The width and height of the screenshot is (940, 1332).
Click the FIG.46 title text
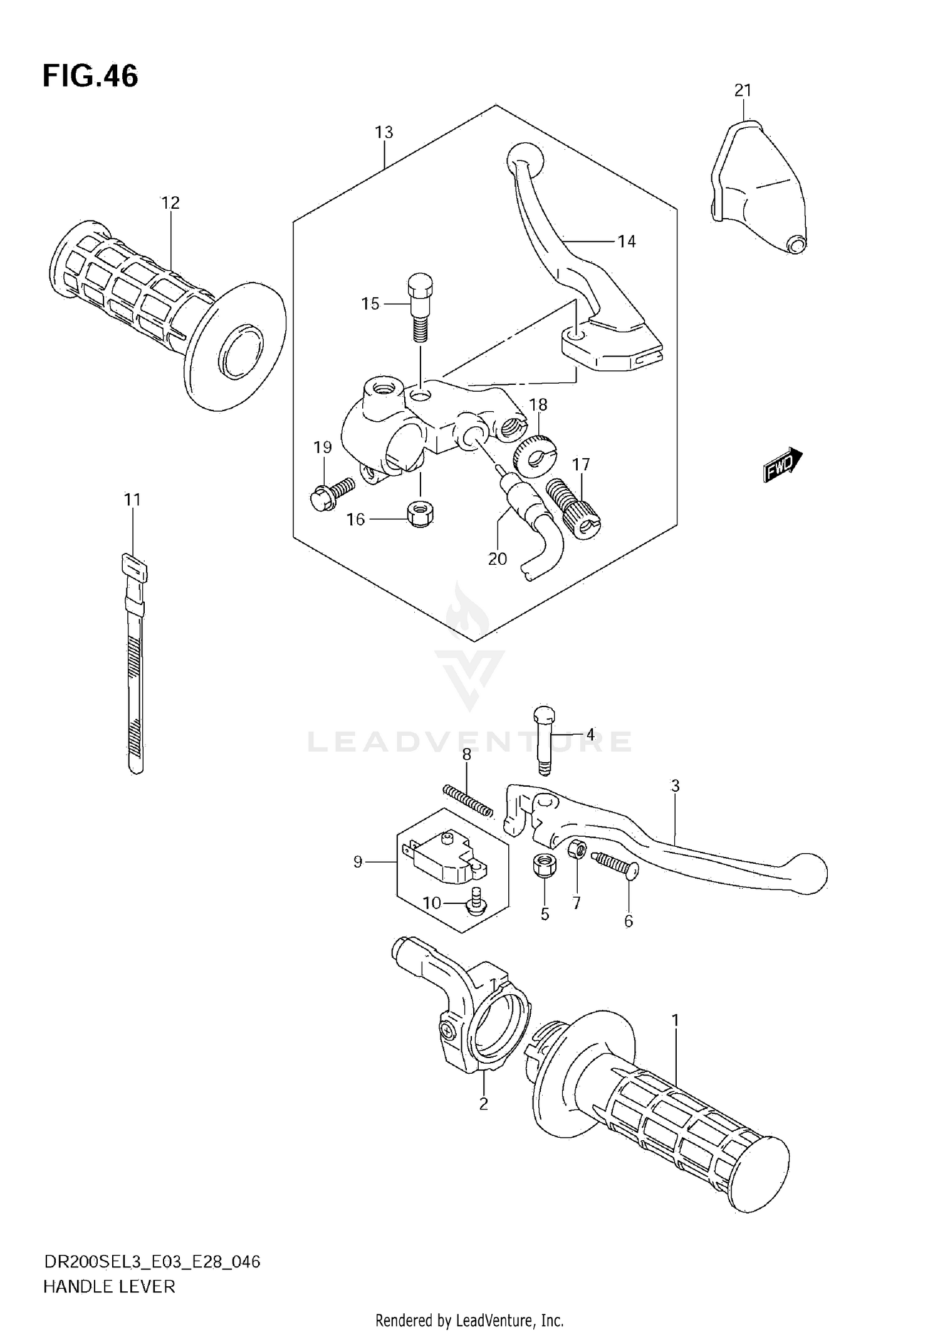pyautogui.click(x=90, y=76)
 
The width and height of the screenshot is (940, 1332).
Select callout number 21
pyautogui.click(x=743, y=91)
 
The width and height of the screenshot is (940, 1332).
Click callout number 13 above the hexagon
pyautogui.click(x=384, y=132)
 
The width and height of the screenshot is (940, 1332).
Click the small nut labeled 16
pyautogui.click(x=420, y=515)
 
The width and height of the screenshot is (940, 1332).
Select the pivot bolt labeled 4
pyautogui.click(x=545, y=740)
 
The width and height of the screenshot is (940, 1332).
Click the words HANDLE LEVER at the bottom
pyautogui.click(x=109, y=1286)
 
